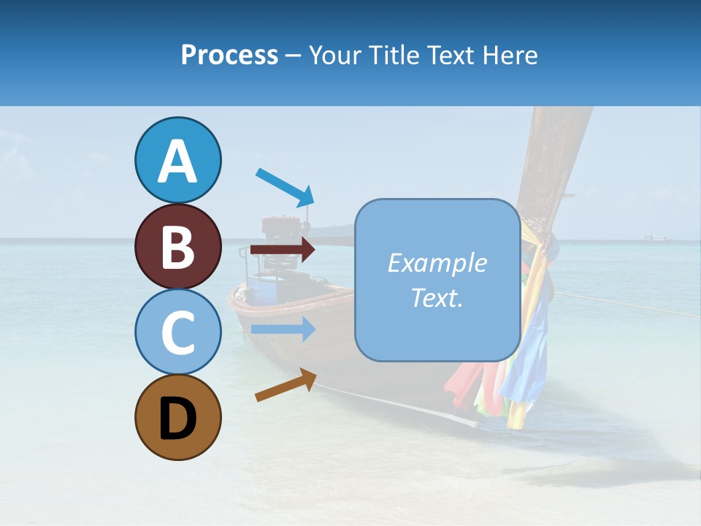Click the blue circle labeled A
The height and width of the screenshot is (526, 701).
pos(177,160)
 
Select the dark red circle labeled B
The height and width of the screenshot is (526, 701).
pos(177,246)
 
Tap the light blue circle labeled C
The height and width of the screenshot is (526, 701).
pos(177,332)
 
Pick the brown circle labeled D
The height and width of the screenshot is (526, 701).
pos(177,417)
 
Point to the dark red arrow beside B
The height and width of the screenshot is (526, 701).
pos(283,250)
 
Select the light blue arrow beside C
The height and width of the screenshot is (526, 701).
pos(283,329)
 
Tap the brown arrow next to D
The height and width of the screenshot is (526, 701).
pos(286,385)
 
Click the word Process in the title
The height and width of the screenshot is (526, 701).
pos(229,56)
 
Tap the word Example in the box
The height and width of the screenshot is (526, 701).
pos(437,263)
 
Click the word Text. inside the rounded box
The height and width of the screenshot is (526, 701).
pos(437,297)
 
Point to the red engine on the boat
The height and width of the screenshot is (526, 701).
pos(277,226)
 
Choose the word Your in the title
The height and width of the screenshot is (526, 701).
pos(334,56)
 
